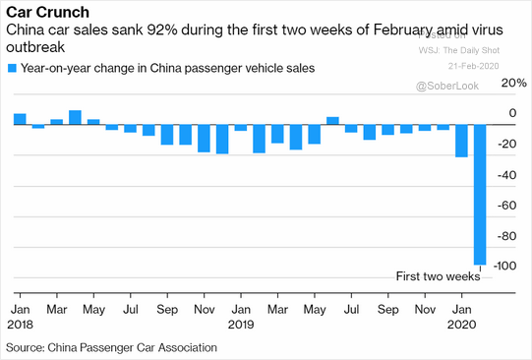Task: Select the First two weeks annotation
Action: [x=438, y=276]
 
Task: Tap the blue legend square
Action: [x=12, y=68]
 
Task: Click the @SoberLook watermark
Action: [x=447, y=87]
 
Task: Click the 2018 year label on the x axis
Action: [x=20, y=323]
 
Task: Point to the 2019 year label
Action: [x=242, y=323]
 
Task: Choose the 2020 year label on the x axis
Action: [x=462, y=323]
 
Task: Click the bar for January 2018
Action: [x=20, y=120]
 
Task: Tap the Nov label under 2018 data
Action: [x=203, y=308]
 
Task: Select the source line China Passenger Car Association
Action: [x=111, y=347]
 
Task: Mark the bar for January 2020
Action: [x=461, y=141]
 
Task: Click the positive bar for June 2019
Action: [x=332, y=121]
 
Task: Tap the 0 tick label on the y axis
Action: [x=511, y=114]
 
